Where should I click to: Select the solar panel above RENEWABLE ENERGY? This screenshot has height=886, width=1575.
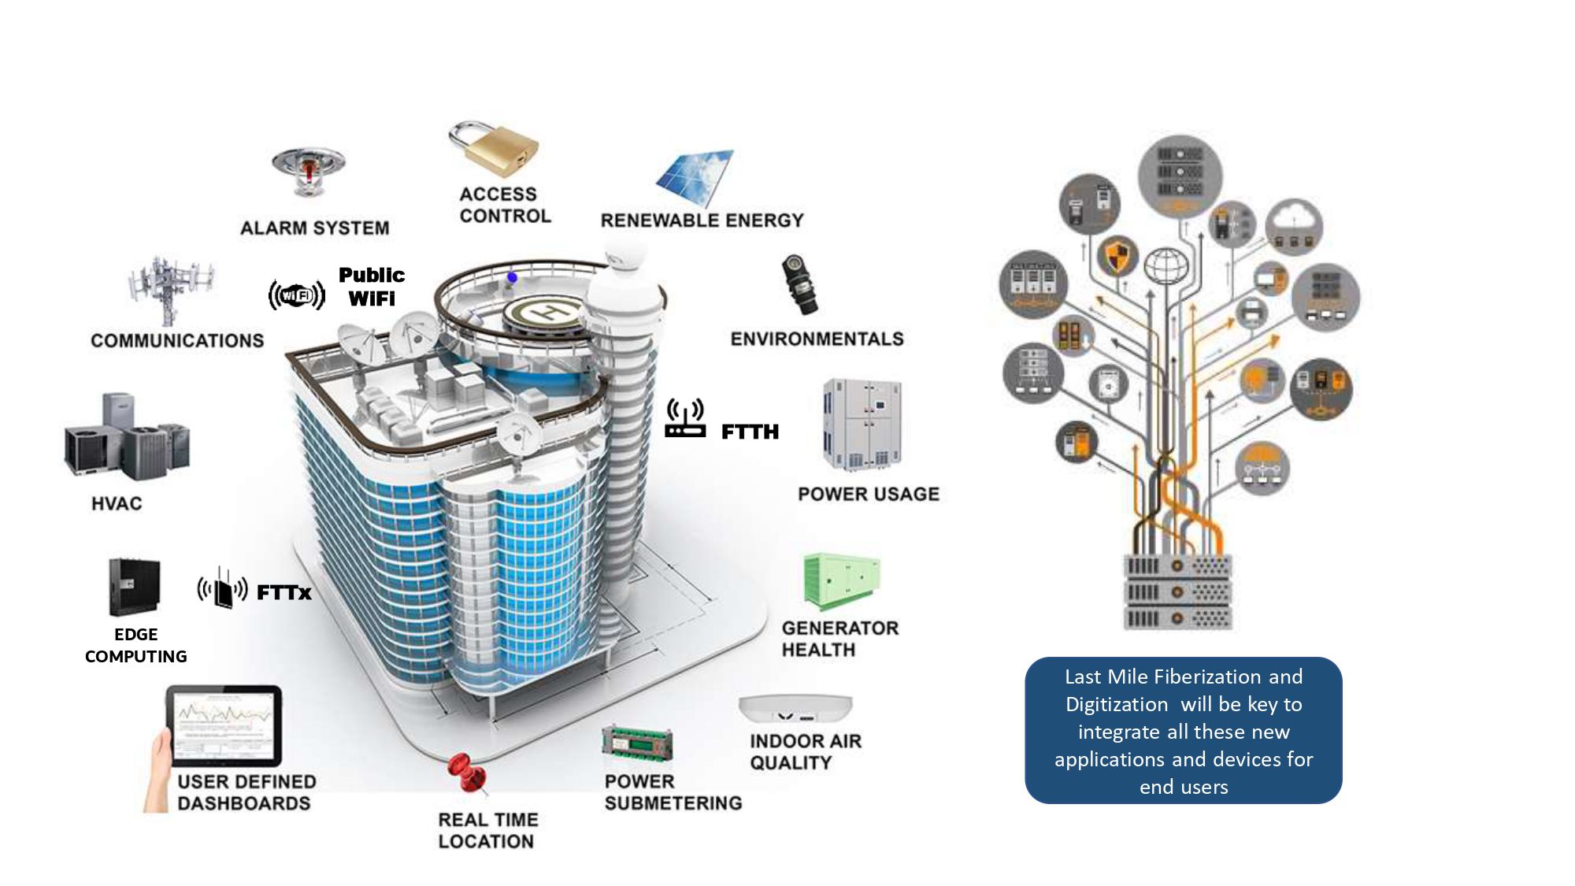pyautogui.click(x=695, y=177)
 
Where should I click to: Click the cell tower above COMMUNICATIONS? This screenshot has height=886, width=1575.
pyautogui.click(x=169, y=289)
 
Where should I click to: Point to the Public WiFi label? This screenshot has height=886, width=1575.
pyautogui.click(x=372, y=287)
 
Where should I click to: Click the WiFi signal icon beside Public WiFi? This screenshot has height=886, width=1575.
pyautogui.click(x=296, y=295)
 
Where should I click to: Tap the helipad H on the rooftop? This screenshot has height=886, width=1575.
pyautogui.click(x=546, y=312)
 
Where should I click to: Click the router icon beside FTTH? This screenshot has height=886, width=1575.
pyautogui.click(x=684, y=419)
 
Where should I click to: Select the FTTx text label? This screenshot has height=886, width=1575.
pyautogui.click(x=284, y=592)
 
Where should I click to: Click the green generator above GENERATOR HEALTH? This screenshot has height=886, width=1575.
pyautogui.click(x=840, y=580)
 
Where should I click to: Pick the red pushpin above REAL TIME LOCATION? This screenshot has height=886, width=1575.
pyautogui.click(x=465, y=772)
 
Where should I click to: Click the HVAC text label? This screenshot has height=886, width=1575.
pyautogui.click(x=117, y=503)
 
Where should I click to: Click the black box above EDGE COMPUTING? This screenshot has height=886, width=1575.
pyautogui.click(x=134, y=586)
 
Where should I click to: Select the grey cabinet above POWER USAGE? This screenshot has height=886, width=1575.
pyautogui.click(x=862, y=424)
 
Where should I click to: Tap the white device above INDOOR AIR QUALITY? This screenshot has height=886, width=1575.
pyautogui.click(x=795, y=708)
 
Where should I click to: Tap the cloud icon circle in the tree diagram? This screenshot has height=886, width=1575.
pyautogui.click(x=1294, y=227)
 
